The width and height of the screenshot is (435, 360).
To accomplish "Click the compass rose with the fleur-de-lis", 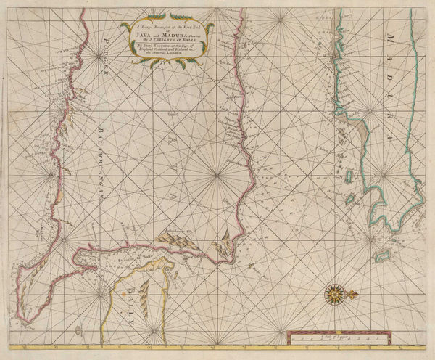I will click(x=335, y=295).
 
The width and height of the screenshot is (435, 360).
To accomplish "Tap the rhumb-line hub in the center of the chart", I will click(x=218, y=176).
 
